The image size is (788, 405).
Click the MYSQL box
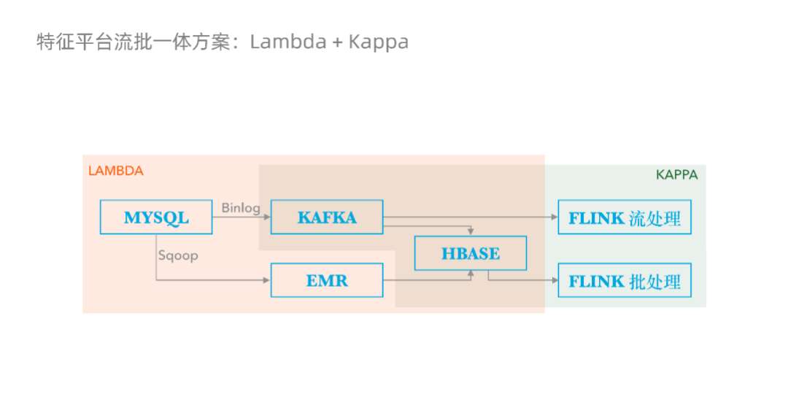tap(155, 217)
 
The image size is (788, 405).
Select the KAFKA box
tap(327, 217)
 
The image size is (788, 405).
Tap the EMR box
tap(327, 280)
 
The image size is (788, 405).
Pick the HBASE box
tap(471, 254)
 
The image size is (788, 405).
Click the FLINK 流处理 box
tap(625, 217)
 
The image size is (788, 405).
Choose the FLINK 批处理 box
tap(625, 280)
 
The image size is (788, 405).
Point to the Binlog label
tap(241, 208)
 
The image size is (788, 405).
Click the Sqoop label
tap(177, 256)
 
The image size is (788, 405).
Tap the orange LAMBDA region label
tap(115, 171)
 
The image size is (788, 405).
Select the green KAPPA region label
tap(676, 175)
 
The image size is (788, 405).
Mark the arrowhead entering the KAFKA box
tap(267, 217)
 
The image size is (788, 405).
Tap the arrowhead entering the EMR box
tap(267, 280)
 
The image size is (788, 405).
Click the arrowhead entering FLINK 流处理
tap(554, 217)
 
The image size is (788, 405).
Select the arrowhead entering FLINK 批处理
tap(554, 280)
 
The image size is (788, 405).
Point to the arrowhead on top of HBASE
tap(471, 233)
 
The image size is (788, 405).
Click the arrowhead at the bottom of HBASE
tap(471, 274)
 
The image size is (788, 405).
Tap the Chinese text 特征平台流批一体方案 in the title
tap(135, 42)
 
